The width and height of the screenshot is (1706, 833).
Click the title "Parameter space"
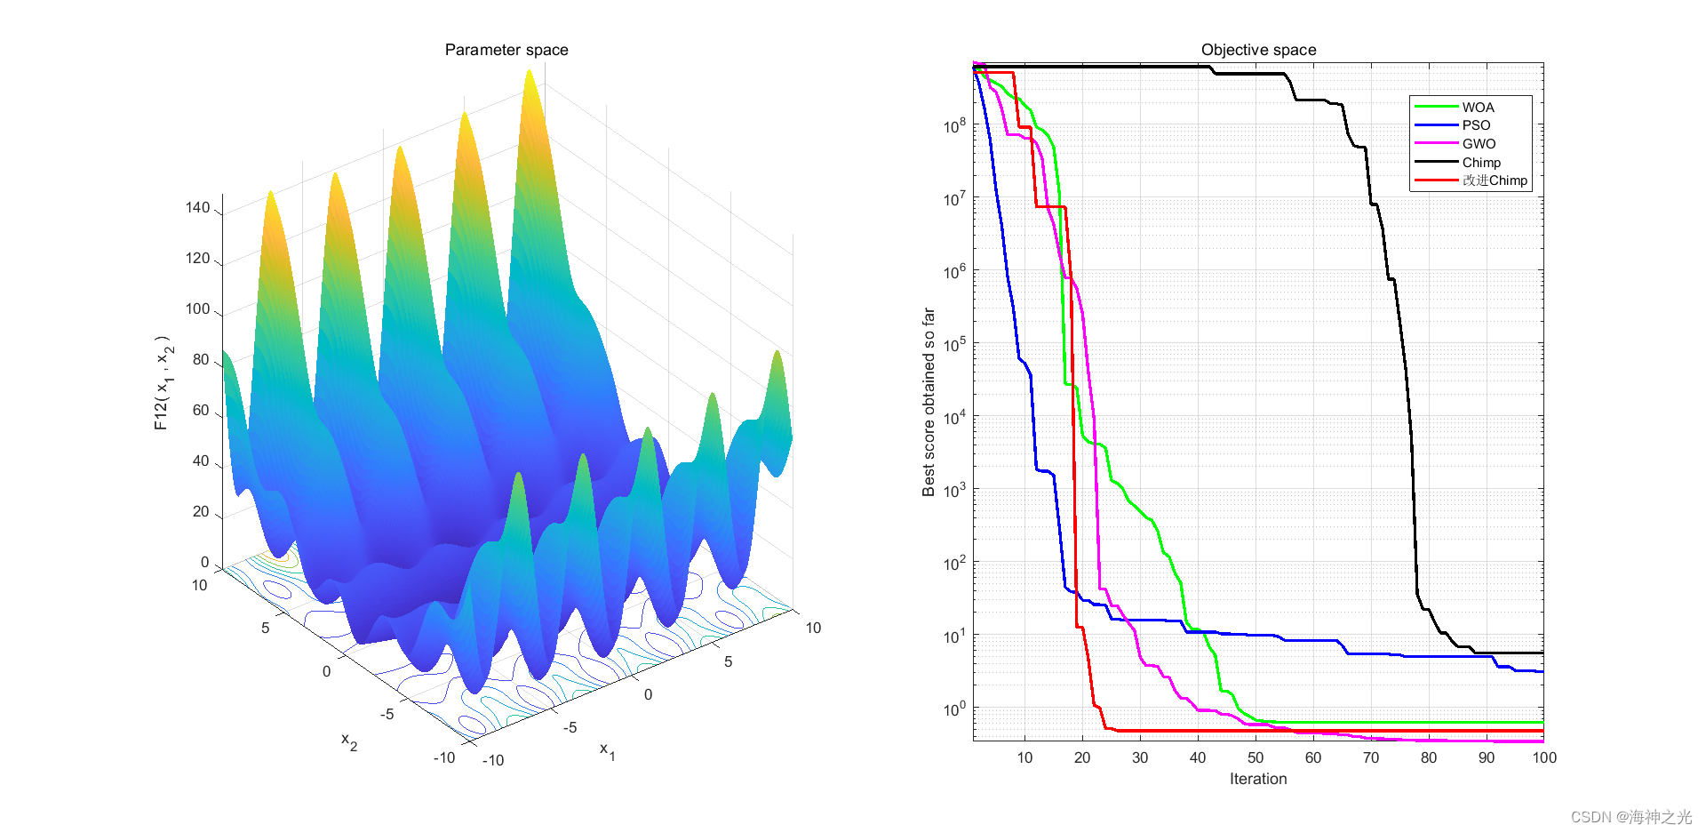(506, 50)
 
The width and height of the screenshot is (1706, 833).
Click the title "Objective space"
(1258, 50)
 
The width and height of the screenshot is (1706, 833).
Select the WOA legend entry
(1478, 107)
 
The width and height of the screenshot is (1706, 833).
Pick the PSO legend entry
(1476, 125)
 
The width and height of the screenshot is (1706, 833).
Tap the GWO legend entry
(1479, 144)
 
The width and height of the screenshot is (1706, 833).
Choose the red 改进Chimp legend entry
(1495, 180)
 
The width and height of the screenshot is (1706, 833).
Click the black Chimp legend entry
(1481, 163)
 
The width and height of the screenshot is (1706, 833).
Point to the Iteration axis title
(1257, 779)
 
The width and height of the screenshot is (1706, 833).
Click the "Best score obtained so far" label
(929, 402)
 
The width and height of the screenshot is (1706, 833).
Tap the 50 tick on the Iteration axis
(1256, 757)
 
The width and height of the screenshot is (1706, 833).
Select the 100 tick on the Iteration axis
(1544, 757)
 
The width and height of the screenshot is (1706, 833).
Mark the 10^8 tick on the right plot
(954, 126)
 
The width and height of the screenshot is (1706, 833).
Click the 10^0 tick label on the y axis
(954, 709)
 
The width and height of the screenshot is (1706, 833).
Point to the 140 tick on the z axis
(197, 208)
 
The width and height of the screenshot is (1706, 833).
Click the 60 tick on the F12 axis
(201, 411)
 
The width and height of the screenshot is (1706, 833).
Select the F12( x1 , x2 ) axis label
(163, 383)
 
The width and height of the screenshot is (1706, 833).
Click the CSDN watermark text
(1630, 817)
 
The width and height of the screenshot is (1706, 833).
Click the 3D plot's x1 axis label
(607, 750)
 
